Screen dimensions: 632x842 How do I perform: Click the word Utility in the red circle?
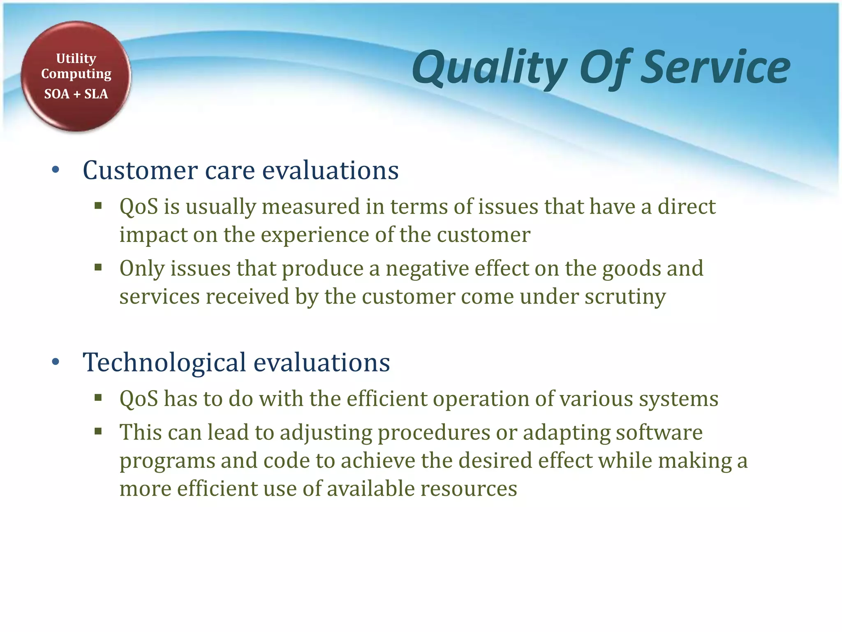coord(76,58)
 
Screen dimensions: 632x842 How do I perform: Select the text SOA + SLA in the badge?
coord(76,94)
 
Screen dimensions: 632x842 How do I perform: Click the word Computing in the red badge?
coord(76,74)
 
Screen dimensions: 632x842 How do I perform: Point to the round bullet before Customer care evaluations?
coord(56,170)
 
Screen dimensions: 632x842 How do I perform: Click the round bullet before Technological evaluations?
coord(56,362)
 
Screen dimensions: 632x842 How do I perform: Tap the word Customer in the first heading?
coord(140,170)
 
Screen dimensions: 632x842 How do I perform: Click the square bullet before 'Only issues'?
coord(98,268)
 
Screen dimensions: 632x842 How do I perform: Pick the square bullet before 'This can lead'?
coord(98,432)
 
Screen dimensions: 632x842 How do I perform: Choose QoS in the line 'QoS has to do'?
coord(139,399)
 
